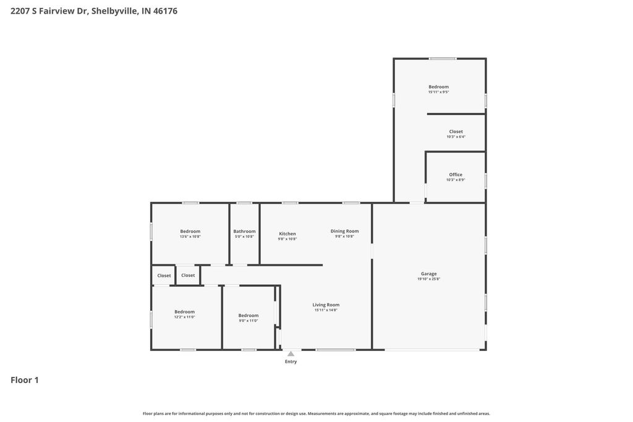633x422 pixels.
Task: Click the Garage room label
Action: (428, 274)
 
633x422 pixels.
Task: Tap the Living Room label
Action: (326, 305)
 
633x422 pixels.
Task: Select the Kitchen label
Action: (287, 234)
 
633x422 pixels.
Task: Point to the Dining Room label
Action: (344, 231)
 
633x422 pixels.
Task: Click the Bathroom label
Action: (244, 231)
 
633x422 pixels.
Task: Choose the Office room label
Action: (456, 175)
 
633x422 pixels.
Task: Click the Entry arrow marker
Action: (291, 353)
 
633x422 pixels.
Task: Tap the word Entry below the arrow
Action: (291, 361)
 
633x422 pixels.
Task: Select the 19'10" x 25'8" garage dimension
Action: (428, 279)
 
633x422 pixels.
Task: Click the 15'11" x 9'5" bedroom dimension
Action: (438, 92)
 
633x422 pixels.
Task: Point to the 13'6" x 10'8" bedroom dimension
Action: (190, 237)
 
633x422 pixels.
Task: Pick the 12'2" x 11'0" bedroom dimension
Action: (184, 317)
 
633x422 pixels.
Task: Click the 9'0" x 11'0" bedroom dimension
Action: (249, 321)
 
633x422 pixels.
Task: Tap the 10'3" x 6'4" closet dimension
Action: (456, 137)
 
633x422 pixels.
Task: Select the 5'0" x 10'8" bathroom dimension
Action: (244, 237)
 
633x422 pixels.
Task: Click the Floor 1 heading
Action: (25, 380)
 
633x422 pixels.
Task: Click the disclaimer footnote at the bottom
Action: (316, 413)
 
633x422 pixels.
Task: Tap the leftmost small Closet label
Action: (164, 276)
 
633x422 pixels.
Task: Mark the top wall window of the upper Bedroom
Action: (443, 59)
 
